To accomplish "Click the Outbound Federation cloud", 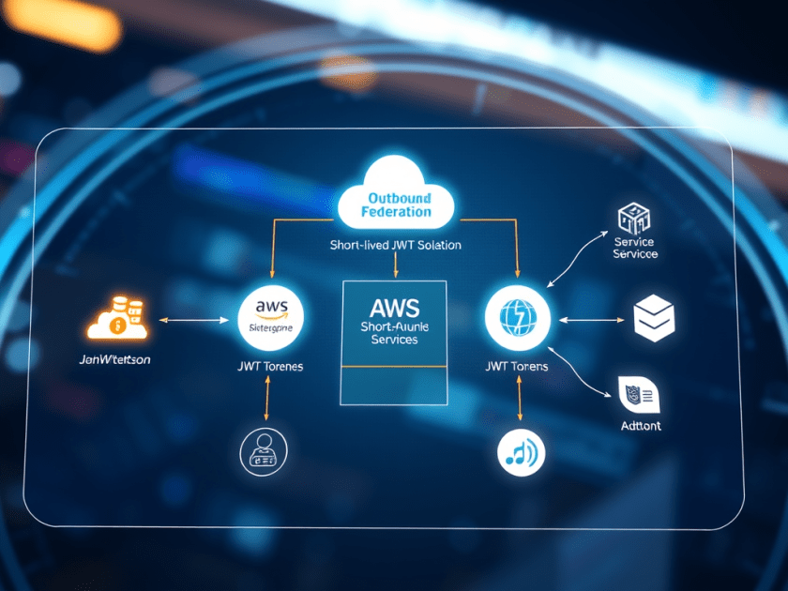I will [x=395, y=195].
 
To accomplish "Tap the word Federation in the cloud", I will [x=397, y=212].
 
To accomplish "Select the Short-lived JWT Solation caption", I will [x=395, y=245].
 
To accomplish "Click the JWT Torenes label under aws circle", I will [x=270, y=366].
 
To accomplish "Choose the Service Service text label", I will [x=635, y=248].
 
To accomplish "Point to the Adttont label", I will [x=640, y=425].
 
